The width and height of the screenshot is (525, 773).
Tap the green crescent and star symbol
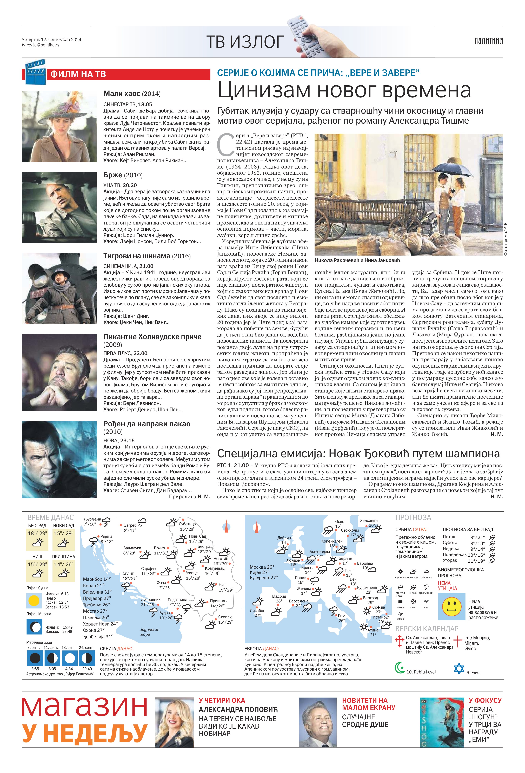(x=399, y=667)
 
